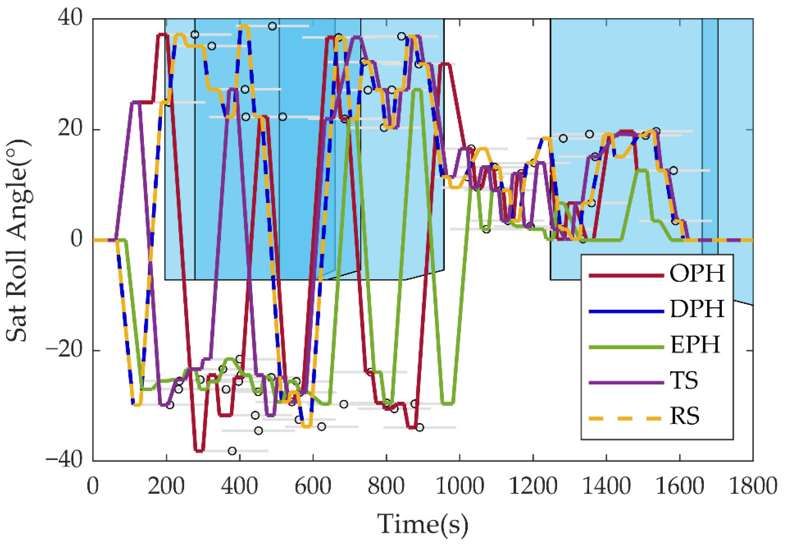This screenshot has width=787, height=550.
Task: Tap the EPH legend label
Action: click(x=695, y=345)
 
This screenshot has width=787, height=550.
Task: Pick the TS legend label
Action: click(x=684, y=380)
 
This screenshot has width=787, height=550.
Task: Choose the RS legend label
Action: click(x=685, y=416)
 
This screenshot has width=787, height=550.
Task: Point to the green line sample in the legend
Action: click(x=626, y=347)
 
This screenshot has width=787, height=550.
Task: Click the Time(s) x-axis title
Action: click(x=422, y=524)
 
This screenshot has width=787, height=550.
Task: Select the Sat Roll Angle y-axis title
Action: click(x=17, y=240)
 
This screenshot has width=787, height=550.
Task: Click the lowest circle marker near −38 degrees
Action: click(x=232, y=451)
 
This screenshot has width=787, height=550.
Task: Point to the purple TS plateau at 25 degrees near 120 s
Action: click(x=136, y=102)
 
